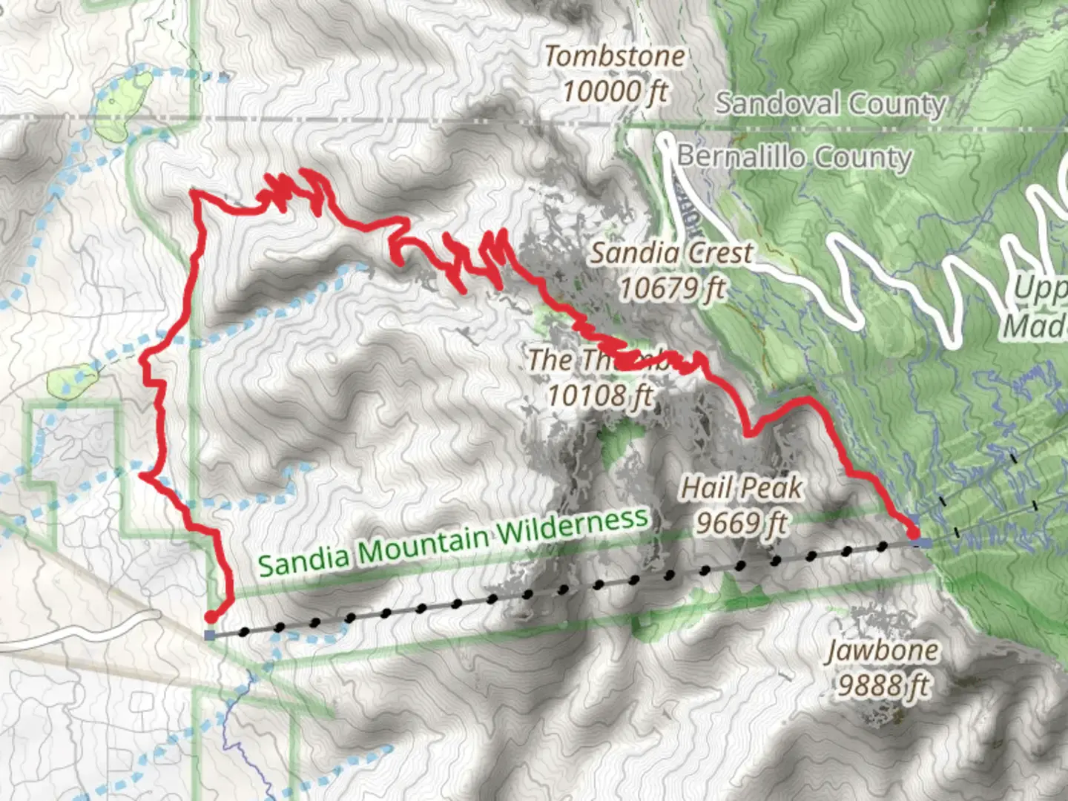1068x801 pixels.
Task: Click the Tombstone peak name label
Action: pos(615,56)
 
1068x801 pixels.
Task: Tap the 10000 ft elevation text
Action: pos(615,92)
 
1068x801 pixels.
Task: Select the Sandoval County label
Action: pos(831,104)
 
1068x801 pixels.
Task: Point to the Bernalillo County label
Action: pos(794,157)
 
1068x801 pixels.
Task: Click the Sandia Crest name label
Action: pos(671,254)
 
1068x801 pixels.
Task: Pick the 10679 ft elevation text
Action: pos(671,289)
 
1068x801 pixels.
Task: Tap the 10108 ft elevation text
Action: pos(600,395)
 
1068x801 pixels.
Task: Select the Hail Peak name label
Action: pos(741,488)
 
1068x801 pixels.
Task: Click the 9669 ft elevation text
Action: pos(741,524)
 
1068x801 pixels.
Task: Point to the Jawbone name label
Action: pos(883,650)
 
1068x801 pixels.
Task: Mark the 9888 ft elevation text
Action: pos(883,686)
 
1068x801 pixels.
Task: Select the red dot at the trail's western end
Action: pos(211,617)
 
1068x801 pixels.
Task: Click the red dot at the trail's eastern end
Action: pos(913,533)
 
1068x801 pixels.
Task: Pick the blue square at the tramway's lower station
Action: pos(210,636)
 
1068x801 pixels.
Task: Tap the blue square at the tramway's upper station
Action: pos(923,543)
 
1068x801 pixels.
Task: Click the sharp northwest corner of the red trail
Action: pos(194,194)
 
